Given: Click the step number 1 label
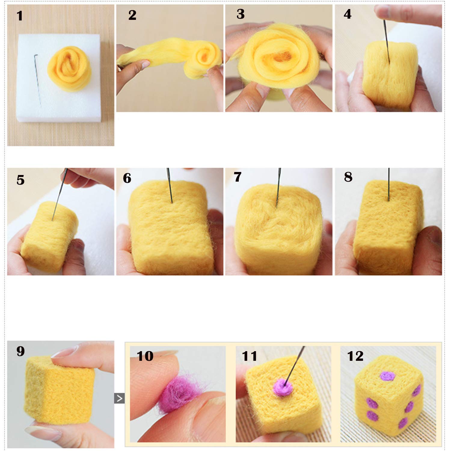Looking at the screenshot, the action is click(20, 16).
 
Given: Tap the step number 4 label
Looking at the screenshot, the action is click(348, 14).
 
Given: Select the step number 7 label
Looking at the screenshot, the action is click(238, 177).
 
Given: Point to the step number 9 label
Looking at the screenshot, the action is click(20, 351).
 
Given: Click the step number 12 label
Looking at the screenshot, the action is click(355, 356).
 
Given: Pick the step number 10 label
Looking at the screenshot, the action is click(145, 356).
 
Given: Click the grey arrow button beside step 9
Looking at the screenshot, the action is click(119, 398).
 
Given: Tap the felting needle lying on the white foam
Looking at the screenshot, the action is click(37, 80).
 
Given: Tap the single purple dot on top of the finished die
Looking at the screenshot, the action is click(387, 376).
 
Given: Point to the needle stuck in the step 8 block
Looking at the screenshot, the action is click(389, 184).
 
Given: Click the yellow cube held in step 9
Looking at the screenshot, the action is click(59, 389).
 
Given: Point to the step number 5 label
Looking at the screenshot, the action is click(20, 180).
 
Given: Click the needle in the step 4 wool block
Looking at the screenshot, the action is click(386, 42).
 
